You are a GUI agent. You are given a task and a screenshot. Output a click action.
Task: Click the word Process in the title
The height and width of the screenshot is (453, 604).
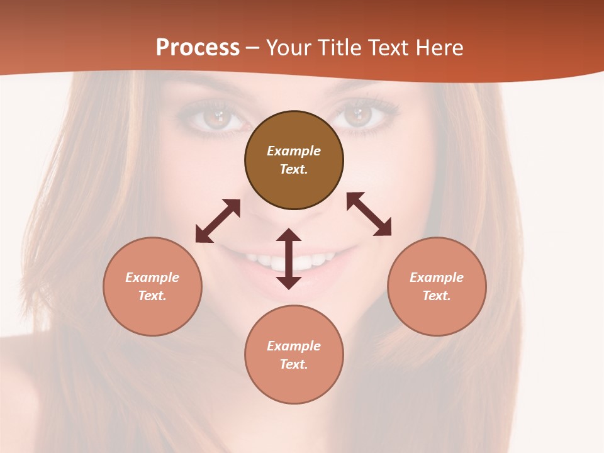198,47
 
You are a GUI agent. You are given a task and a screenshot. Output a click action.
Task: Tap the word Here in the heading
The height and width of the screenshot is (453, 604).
440,47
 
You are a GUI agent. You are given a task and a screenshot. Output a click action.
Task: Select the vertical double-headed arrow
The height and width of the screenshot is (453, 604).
289,259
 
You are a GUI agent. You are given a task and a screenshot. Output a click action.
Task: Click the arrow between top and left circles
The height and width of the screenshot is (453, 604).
218,221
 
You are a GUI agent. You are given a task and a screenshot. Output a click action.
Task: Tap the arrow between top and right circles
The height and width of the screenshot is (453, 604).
369,214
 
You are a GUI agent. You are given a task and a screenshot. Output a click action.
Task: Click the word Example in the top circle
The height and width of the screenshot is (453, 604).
294,151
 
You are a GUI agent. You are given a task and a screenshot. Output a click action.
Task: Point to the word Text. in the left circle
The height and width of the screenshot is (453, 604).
152,296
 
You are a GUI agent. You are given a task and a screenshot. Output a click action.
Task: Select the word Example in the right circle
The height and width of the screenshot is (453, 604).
437,277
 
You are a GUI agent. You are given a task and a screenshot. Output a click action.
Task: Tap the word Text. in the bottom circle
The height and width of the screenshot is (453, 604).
294,364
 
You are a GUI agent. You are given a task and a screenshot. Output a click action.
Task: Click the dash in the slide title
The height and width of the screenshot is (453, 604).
253,48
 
